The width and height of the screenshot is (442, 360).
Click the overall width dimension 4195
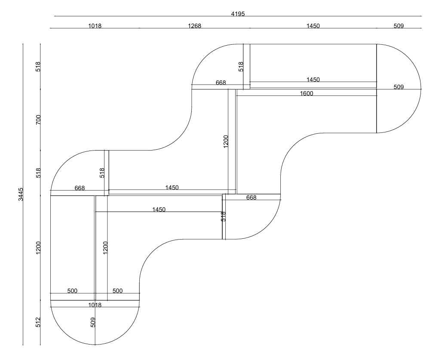click(x=238, y=14)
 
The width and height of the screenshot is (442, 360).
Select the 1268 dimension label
click(x=194, y=26)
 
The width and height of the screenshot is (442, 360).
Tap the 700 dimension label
click(x=38, y=119)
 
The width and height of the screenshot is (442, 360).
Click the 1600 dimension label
click(x=307, y=93)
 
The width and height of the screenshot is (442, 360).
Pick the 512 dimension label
click(x=38, y=322)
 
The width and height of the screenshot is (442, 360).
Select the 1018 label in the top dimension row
click(x=95, y=26)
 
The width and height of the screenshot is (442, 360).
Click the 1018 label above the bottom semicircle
click(x=95, y=305)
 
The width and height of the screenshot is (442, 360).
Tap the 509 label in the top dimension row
click(x=399, y=26)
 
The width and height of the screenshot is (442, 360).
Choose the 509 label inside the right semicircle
click(x=399, y=87)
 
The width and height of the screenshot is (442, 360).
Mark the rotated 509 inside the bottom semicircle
click(x=93, y=322)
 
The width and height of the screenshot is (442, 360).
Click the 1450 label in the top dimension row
click(x=313, y=26)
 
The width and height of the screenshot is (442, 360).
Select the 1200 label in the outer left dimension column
click(x=38, y=248)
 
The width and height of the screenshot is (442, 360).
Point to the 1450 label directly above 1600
click(x=313, y=80)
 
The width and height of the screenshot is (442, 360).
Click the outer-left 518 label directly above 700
click(x=38, y=67)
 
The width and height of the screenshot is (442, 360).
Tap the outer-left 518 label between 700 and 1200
click(x=38, y=173)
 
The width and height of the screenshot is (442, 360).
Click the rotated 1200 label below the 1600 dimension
click(x=226, y=141)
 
